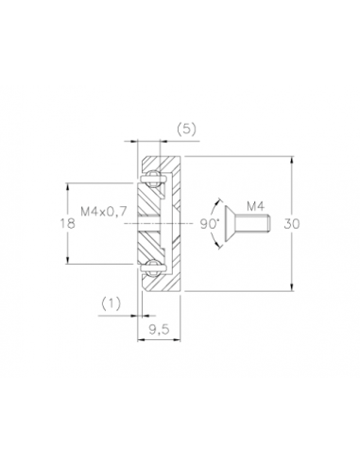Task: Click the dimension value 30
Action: [x=292, y=224]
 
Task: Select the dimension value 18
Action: [x=68, y=223]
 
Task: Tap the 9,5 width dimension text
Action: [x=159, y=330]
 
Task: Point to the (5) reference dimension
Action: [x=186, y=129]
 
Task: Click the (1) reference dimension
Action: [x=111, y=303]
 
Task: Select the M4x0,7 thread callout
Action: [x=104, y=211]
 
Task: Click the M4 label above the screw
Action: [x=255, y=206]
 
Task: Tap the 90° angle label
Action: [x=210, y=224]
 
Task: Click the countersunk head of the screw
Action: [x=231, y=224]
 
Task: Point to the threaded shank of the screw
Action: [x=254, y=224]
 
